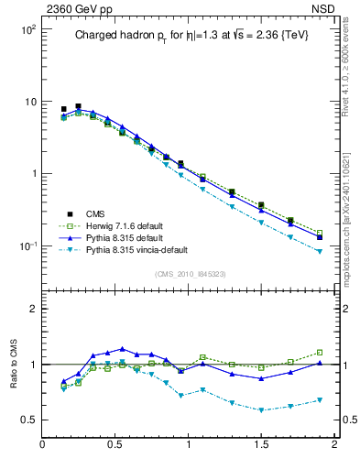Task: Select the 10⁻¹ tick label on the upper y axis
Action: point(27,245)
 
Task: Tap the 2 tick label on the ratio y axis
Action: point(31,309)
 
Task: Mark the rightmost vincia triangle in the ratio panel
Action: point(320,400)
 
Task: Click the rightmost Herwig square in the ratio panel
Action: point(320,352)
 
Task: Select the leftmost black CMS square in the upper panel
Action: point(63,109)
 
